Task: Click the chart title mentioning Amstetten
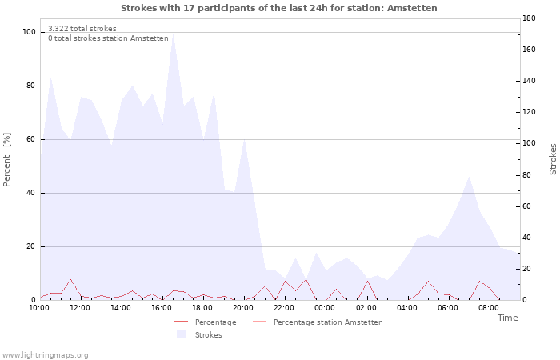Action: pyautogui.click(x=279, y=8)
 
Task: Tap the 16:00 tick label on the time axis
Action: pyautogui.click(x=162, y=307)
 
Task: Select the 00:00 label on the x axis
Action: pyautogui.click(x=325, y=307)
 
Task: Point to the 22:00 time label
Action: pyautogui.click(x=284, y=307)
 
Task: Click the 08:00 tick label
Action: pyautogui.click(x=489, y=307)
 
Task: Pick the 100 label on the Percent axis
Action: pyautogui.click(x=29, y=32)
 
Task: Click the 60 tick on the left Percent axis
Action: pyautogui.click(x=30, y=139)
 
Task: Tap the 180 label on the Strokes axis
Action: pyautogui.click(x=529, y=18)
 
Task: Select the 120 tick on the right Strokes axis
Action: pyautogui.click(x=529, y=112)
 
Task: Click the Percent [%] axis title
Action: pyautogui.click(x=6, y=160)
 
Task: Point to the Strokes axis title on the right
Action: pyautogui.click(x=553, y=159)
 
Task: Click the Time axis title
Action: pyautogui.click(x=507, y=318)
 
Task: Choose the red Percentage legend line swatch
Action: pyautogui.click(x=181, y=322)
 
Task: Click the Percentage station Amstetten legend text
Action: pyautogui.click(x=328, y=322)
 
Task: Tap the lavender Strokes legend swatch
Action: pyautogui.click(x=181, y=334)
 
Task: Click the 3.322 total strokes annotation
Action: pyautogui.click(x=82, y=29)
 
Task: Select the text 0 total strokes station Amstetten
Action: pyautogui.click(x=108, y=38)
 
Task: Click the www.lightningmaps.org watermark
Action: pyautogui.click(x=45, y=355)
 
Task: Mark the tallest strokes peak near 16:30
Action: pyautogui.click(x=174, y=34)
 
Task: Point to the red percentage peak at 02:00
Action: pyautogui.click(x=367, y=281)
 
